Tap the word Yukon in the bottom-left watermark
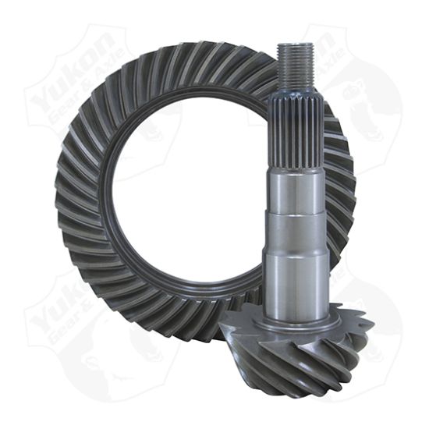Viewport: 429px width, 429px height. pos(58,312)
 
